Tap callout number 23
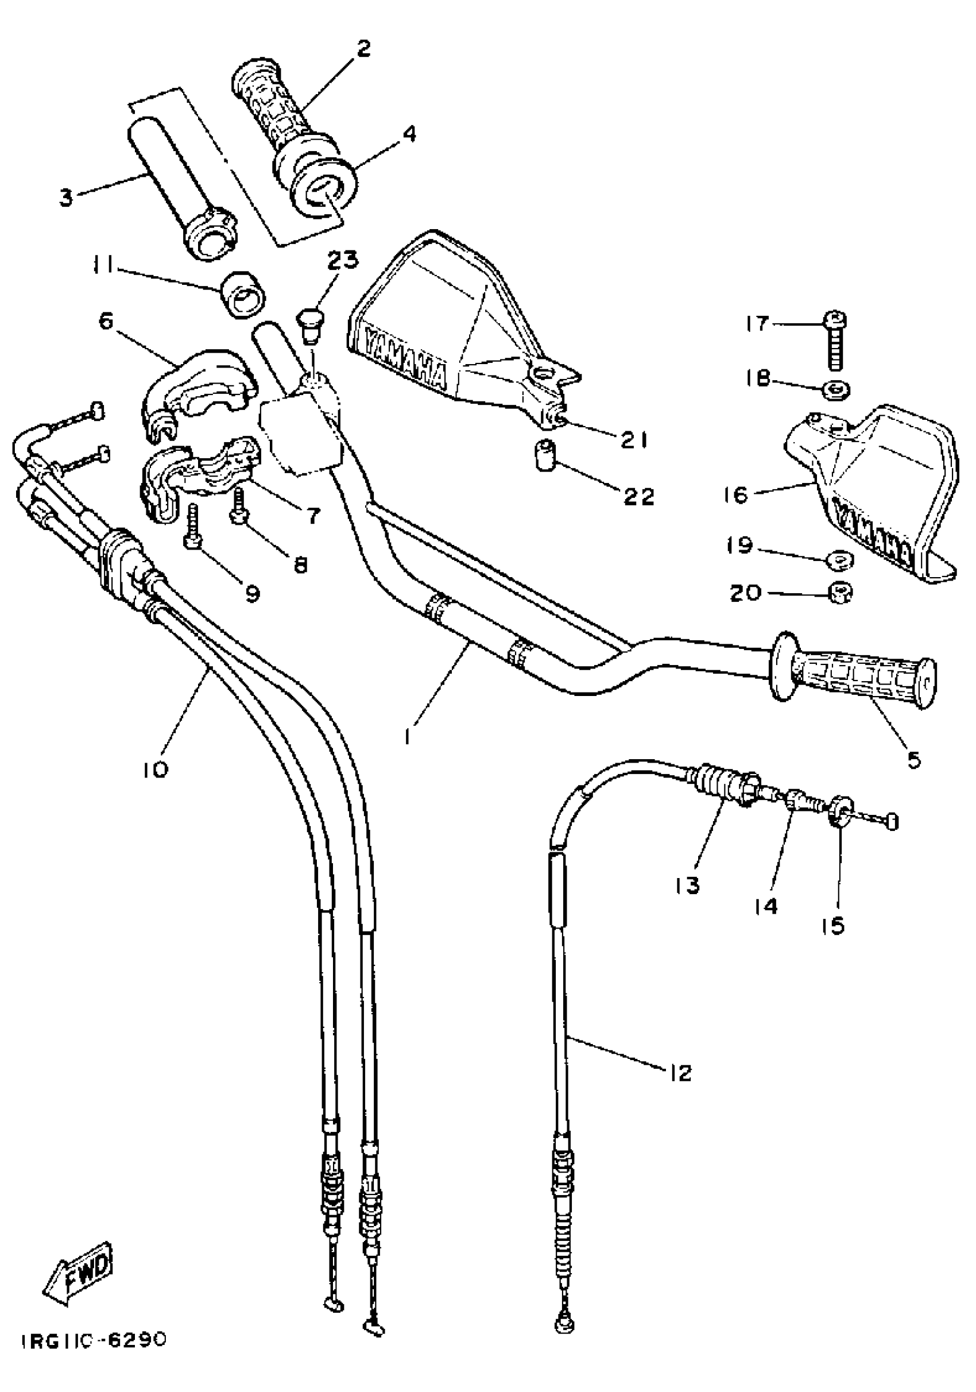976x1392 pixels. point(342,261)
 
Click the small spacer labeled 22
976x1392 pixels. point(544,459)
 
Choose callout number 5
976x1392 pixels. point(914,759)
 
